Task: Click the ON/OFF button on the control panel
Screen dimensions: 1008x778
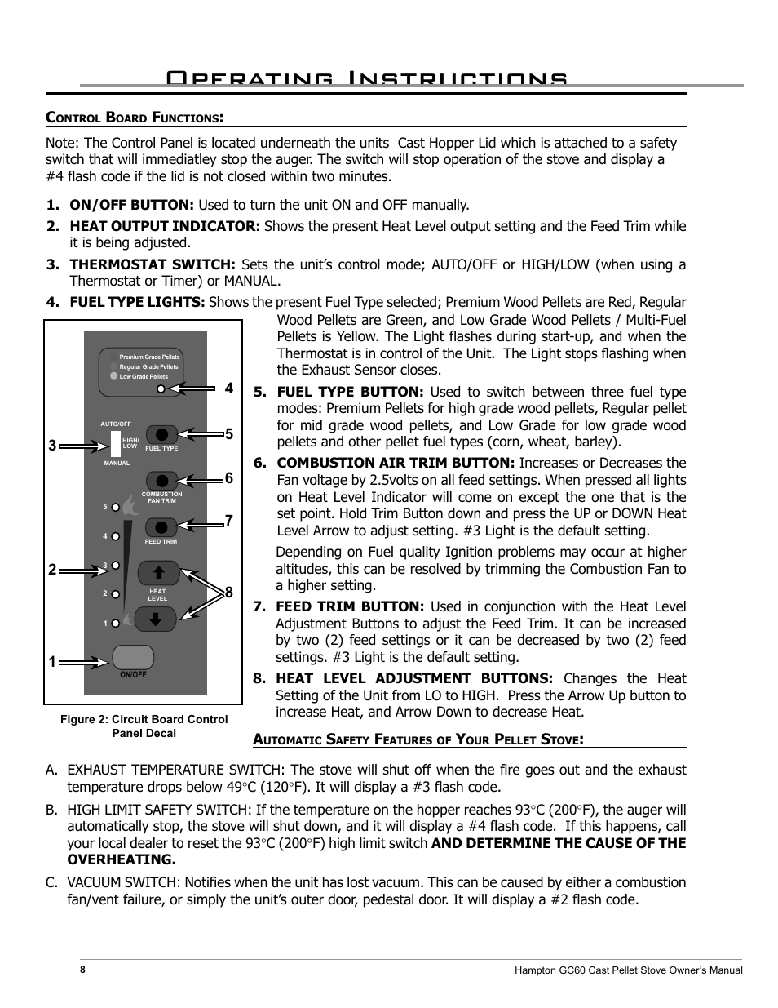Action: pos(134,657)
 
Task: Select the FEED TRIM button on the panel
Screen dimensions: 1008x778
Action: pos(162,526)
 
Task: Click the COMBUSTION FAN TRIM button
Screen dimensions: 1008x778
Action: pos(162,480)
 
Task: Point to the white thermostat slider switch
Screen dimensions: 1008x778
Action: pos(116,443)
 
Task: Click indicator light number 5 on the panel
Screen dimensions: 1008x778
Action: pos(116,508)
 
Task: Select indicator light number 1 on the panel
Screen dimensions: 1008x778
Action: pos(116,624)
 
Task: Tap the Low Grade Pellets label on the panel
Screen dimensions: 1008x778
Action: pos(144,377)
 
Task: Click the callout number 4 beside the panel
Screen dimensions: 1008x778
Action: pos(229,389)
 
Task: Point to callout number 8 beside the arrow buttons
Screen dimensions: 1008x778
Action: pos(229,593)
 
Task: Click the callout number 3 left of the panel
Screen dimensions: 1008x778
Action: pos(51,446)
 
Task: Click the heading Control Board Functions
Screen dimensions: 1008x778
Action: pos(135,118)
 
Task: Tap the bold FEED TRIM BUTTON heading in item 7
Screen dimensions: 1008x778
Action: pos(350,606)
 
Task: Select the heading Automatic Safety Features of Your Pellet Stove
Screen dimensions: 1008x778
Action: pos(418,739)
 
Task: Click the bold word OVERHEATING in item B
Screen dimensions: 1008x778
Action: pos(122,859)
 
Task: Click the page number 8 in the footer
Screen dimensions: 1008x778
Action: pos(83,970)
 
